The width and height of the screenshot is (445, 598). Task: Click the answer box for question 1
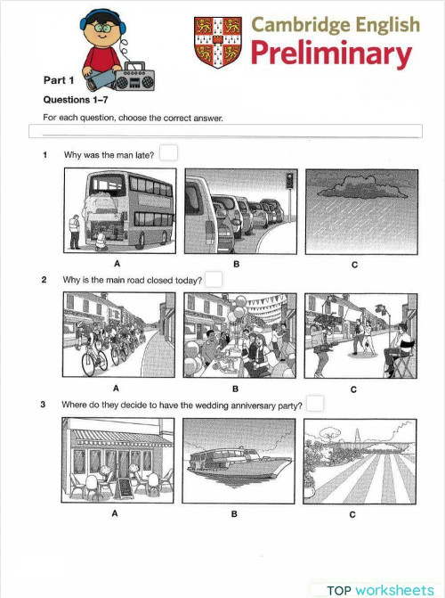tap(168, 154)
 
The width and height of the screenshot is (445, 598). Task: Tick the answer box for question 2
tap(214, 279)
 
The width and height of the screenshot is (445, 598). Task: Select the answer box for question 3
tap(315, 404)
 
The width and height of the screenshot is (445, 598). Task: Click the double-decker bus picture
tap(117, 212)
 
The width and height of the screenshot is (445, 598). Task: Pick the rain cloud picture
tap(353, 212)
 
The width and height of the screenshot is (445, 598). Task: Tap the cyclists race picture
tap(117, 336)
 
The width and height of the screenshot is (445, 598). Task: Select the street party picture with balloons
tap(235, 336)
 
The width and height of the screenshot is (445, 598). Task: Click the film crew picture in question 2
tap(353, 336)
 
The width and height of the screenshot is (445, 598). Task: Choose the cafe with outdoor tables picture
tap(117, 461)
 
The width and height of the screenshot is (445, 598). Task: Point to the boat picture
tap(235, 461)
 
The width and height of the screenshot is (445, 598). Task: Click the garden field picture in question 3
tap(353, 461)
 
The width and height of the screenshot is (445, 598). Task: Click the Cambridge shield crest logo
tap(216, 41)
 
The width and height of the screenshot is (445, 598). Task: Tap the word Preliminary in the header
tap(332, 54)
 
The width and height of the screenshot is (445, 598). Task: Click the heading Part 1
tap(60, 81)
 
